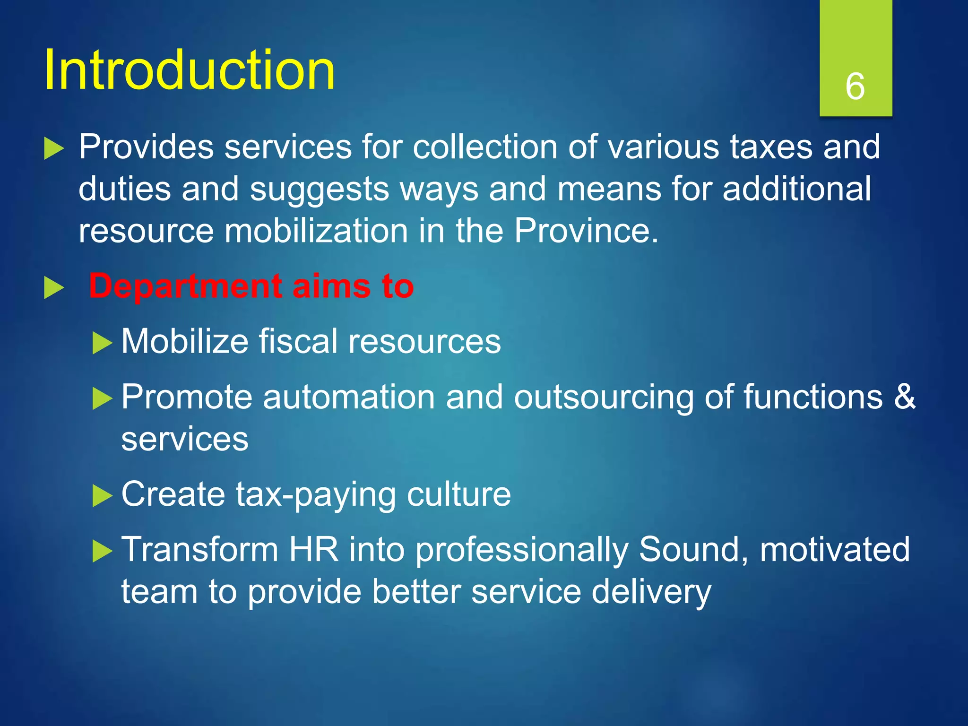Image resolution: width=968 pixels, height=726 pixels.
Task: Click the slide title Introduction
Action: click(x=189, y=71)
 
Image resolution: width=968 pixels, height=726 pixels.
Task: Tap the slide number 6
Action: click(x=855, y=86)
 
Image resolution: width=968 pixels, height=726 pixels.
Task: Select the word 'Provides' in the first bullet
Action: click(x=146, y=147)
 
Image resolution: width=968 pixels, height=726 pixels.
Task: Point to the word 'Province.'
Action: click(x=586, y=231)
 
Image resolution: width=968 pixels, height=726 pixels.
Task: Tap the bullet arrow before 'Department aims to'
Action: click(x=53, y=288)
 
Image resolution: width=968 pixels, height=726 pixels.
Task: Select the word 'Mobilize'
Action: click(x=185, y=341)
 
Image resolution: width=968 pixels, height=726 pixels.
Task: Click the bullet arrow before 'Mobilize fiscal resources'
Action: click(x=102, y=343)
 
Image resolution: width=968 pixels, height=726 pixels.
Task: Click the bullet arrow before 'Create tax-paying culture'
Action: click(x=102, y=496)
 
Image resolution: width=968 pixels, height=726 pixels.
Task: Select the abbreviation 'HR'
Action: click(x=314, y=549)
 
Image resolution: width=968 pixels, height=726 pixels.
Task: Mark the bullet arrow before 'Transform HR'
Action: click(x=102, y=551)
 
